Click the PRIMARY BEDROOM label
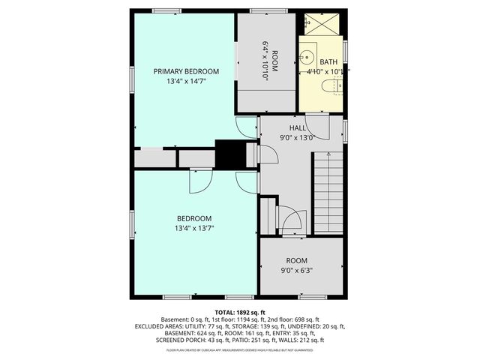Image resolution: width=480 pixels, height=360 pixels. [x=181, y=71]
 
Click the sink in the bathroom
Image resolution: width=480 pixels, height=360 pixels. [x=307, y=57]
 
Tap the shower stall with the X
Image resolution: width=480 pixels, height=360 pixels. [x=322, y=24]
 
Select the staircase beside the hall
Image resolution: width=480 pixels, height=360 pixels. [x=328, y=191]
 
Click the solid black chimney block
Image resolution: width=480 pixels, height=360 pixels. [x=231, y=154]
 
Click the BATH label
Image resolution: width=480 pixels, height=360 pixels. [x=328, y=62]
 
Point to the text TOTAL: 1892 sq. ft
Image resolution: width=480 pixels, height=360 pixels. [x=240, y=312]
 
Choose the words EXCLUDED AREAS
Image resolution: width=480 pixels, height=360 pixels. [x=159, y=326]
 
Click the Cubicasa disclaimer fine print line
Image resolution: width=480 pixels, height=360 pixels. [x=240, y=349]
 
